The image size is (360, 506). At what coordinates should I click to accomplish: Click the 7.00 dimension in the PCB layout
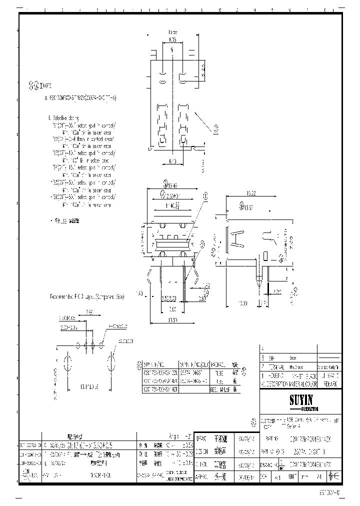(89, 311)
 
